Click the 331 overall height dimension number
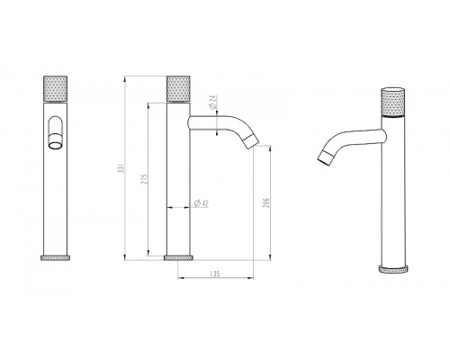tap(121, 168)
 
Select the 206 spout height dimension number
tap(266, 202)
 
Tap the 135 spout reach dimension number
tap(215, 274)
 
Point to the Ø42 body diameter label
tap(202, 203)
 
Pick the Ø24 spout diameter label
tap(213, 102)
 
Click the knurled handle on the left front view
tap(56, 89)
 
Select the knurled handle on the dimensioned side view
tap(178, 89)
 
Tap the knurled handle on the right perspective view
tap(393, 102)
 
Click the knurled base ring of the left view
tap(56, 258)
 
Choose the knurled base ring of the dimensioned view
tap(178, 258)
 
